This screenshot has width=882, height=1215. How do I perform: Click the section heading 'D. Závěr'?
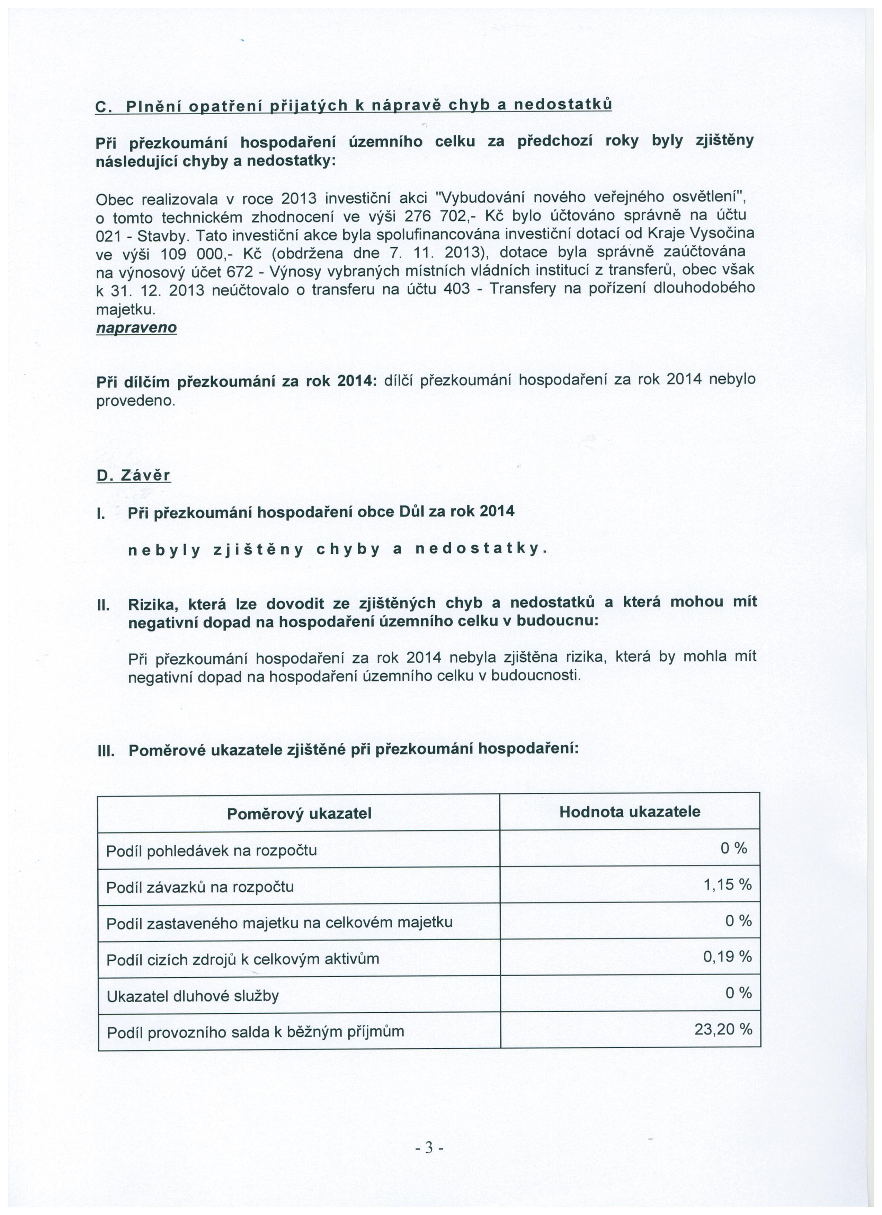[x=133, y=475]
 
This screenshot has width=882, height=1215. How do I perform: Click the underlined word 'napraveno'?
[x=136, y=327]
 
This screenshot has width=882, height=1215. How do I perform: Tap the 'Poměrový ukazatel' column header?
[x=299, y=814]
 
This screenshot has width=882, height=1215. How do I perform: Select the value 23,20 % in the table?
[x=723, y=1029]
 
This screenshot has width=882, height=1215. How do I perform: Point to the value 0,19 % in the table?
[x=727, y=956]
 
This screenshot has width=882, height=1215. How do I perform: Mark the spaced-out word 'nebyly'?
[x=164, y=549]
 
